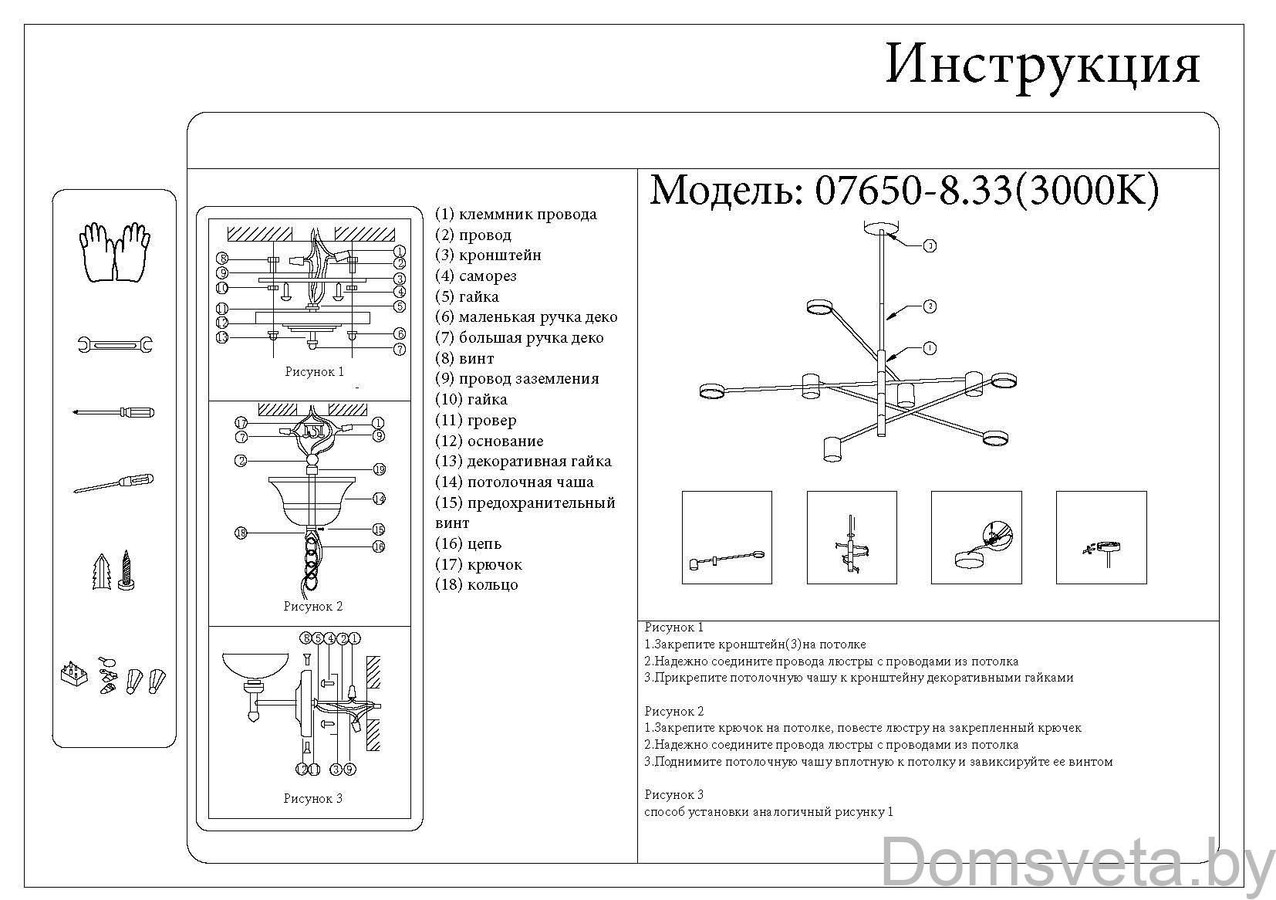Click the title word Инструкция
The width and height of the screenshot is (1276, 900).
1042,65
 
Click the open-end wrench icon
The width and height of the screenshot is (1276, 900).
115,344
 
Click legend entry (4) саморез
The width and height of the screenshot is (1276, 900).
476,276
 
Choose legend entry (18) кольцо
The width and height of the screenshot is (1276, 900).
477,585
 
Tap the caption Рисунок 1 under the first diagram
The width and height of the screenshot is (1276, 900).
315,372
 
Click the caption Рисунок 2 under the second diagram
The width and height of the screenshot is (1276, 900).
312,607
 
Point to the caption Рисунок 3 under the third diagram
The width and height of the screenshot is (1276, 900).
312,799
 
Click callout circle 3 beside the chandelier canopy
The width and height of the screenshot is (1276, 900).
930,245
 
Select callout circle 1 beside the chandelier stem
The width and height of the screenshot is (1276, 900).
930,348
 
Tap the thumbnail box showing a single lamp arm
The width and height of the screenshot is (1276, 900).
727,537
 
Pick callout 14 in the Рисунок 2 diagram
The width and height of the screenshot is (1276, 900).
378,499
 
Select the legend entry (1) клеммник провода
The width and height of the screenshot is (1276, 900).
516,215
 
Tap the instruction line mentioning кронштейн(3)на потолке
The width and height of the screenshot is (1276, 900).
755,645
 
